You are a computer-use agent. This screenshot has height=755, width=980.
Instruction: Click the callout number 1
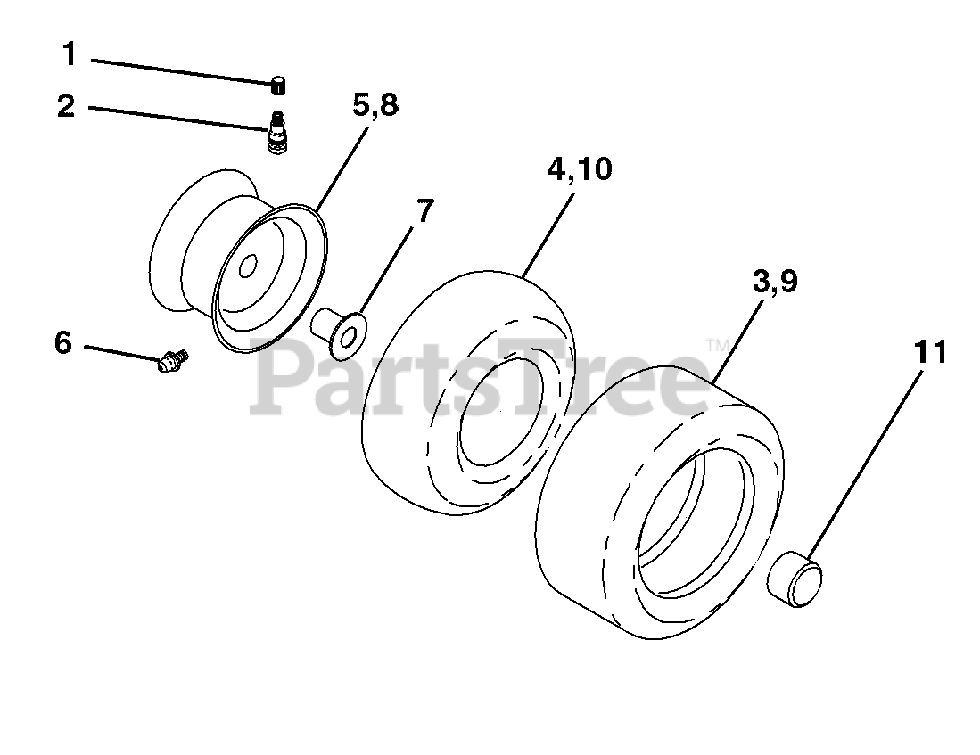pos(70,54)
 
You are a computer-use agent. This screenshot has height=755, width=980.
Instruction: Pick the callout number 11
pos(930,352)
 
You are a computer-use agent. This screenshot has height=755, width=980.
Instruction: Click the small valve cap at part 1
pos(278,86)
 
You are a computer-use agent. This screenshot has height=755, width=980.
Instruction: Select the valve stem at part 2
pos(276,132)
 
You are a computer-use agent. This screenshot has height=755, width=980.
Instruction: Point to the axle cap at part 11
pos(795,579)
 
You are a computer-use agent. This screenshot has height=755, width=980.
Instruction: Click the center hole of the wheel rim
pos(248,267)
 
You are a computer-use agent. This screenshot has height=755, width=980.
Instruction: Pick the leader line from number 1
pos(183,71)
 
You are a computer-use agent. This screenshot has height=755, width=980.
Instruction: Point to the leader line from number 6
pos(122,352)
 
